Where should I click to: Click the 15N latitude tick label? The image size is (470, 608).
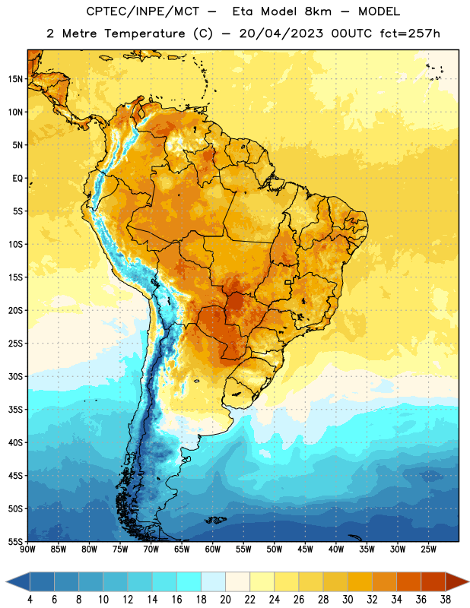(x=15, y=79)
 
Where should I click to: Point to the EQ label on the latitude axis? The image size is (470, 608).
(x=17, y=179)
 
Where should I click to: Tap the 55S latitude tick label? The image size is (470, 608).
(x=15, y=541)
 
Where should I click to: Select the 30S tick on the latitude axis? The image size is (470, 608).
(x=15, y=376)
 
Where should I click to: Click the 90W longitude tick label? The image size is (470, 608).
(x=27, y=549)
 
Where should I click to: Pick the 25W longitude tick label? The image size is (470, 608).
(x=428, y=549)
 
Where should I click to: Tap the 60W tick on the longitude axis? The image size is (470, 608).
(x=213, y=549)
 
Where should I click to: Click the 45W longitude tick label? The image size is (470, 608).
(x=305, y=549)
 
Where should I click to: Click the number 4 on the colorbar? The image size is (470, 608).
(x=30, y=600)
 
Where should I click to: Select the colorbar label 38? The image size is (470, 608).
(x=446, y=600)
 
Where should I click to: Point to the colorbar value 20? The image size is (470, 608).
(x=225, y=600)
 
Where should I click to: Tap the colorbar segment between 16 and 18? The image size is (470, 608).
(x=189, y=582)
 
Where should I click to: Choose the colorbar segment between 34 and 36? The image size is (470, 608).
(x=408, y=582)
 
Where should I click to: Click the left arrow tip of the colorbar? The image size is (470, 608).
(x=6, y=582)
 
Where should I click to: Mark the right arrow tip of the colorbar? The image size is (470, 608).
(x=468, y=582)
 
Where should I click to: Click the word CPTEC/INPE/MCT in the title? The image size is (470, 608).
(x=142, y=11)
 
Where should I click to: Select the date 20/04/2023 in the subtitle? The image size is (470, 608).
(x=281, y=33)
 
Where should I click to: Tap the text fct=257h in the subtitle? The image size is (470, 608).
(x=410, y=33)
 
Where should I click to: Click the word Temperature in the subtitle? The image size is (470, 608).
(x=144, y=34)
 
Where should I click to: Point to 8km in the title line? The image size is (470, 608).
(x=318, y=11)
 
